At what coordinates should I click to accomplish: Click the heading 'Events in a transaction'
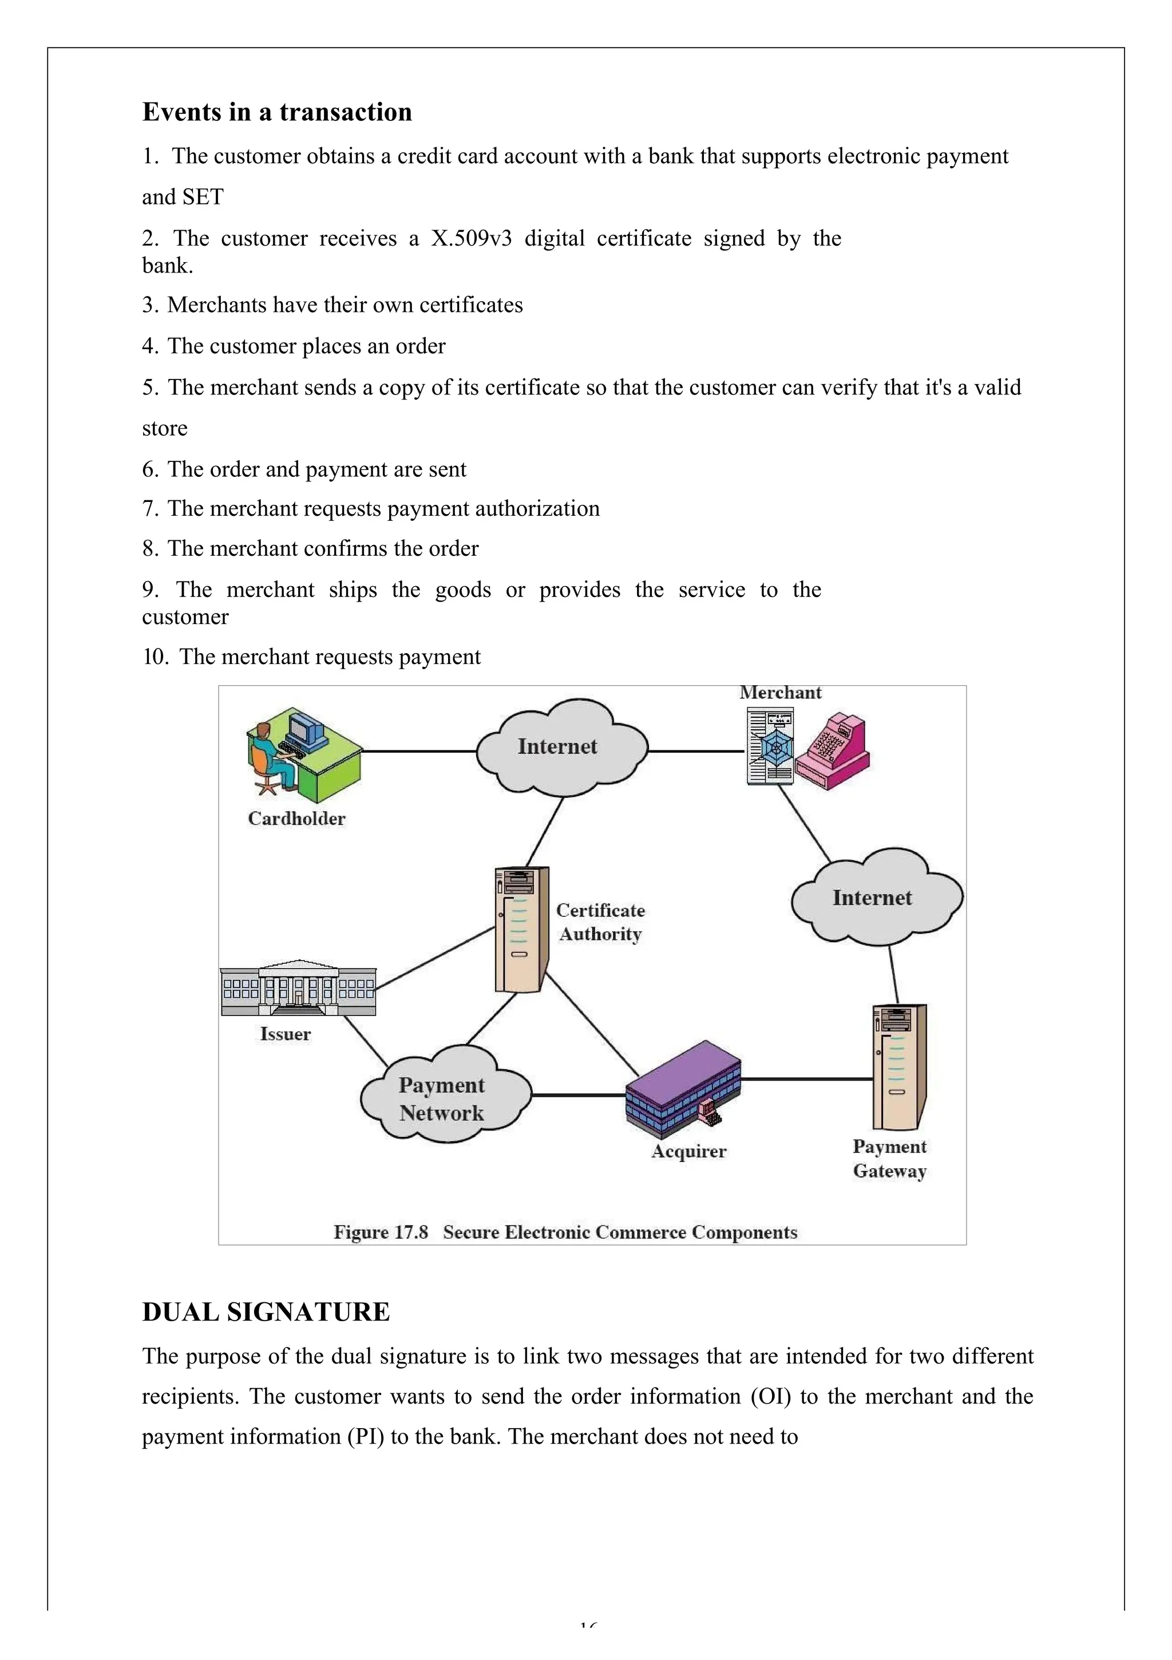point(277,112)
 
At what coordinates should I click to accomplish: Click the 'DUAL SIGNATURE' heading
point(266,1311)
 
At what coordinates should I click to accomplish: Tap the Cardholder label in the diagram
point(296,819)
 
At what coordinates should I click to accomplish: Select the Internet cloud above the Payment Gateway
point(873,898)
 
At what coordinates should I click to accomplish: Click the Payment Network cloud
point(443,1099)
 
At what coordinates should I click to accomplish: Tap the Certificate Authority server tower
point(521,929)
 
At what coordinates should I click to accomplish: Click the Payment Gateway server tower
point(898,1066)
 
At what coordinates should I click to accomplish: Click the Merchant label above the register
point(780,693)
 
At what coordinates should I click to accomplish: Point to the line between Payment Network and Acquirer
point(579,1096)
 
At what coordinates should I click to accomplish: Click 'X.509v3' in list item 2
point(470,239)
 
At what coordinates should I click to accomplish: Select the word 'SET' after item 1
point(203,197)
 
